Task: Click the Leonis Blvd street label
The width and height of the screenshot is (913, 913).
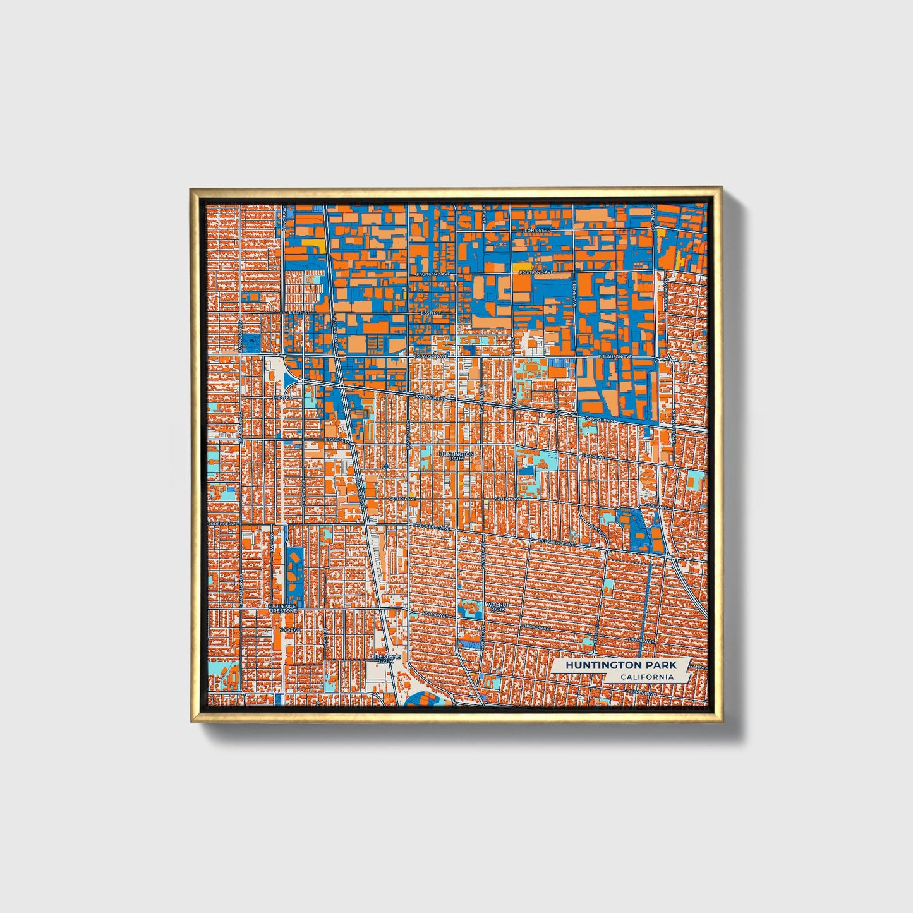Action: pyautogui.click(x=537, y=231)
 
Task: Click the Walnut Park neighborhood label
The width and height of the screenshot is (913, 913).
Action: pyautogui.click(x=497, y=607)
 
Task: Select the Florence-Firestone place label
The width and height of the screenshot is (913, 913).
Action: pyautogui.click(x=282, y=609)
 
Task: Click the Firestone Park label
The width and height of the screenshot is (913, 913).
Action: pyautogui.click(x=385, y=659)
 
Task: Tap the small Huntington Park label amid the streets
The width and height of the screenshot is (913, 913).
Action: pyautogui.click(x=456, y=456)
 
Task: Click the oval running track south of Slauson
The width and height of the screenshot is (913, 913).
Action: pyautogui.click(x=251, y=344)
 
